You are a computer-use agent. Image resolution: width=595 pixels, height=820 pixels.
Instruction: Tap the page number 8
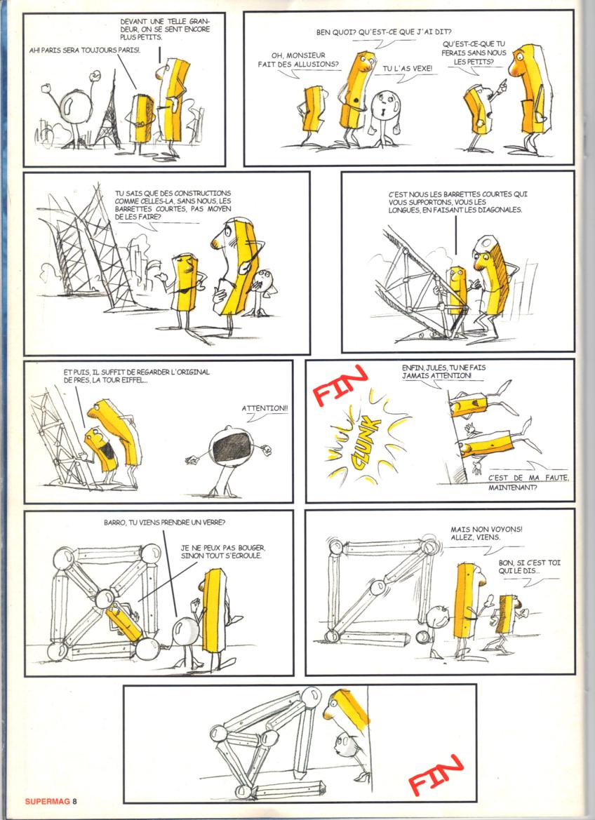tap(75, 800)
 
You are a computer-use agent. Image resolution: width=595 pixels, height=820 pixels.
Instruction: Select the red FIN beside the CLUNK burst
tap(340, 385)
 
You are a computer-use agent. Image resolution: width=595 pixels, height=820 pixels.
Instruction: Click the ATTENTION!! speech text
tap(265, 408)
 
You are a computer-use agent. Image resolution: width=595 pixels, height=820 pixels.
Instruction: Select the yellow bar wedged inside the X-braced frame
tap(123, 621)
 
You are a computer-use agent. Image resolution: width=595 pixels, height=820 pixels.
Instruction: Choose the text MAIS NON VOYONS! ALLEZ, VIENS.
tap(486, 533)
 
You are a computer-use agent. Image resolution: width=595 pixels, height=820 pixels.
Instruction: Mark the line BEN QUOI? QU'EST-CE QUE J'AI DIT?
tap(385, 32)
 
